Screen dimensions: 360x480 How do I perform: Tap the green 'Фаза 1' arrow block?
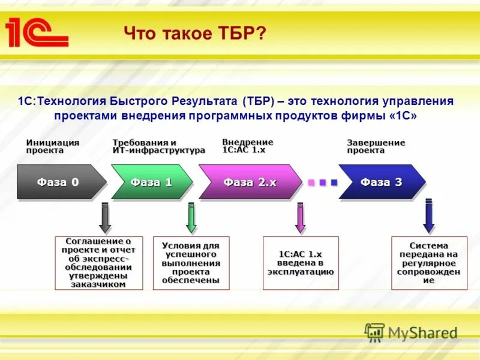(x=151, y=182)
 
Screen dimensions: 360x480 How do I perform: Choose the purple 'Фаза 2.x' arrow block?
(x=250, y=182)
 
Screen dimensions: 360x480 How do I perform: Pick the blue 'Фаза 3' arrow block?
(x=381, y=182)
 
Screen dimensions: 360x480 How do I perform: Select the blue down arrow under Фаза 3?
(x=428, y=216)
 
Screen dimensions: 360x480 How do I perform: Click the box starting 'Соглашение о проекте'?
(x=99, y=263)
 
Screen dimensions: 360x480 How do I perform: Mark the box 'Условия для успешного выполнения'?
(x=191, y=263)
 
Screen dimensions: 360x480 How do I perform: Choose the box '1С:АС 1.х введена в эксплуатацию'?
(x=301, y=263)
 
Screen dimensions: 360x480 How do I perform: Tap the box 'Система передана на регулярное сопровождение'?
(x=428, y=263)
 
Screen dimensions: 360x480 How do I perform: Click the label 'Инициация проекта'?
(x=53, y=146)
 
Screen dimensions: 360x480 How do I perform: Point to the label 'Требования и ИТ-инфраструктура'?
(x=158, y=146)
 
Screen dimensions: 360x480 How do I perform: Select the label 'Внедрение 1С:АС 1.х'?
(x=247, y=146)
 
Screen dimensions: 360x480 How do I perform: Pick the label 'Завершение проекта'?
(x=376, y=146)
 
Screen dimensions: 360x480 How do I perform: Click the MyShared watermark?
(x=411, y=332)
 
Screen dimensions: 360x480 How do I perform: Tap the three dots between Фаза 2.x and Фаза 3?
(x=323, y=182)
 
